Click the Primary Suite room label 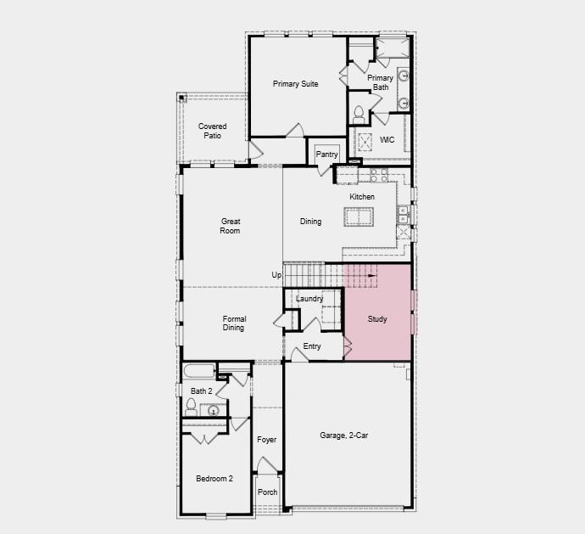[x=295, y=84]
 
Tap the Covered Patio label [x=213, y=131]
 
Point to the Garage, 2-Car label [x=343, y=436]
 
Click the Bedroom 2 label [x=214, y=479]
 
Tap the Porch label [x=267, y=492]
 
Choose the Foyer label [x=267, y=440]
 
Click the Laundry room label [x=309, y=299]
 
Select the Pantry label [x=326, y=155]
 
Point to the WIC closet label [x=387, y=140]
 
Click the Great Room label [x=231, y=226]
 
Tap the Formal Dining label [x=233, y=323]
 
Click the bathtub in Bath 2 [x=198, y=372]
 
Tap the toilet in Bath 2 [x=191, y=408]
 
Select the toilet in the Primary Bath [x=359, y=112]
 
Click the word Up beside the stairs [x=276, y=275]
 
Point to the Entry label [x=312, y=346]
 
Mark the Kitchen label [x=362, y=197]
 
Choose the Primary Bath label [x=380, y=82]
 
